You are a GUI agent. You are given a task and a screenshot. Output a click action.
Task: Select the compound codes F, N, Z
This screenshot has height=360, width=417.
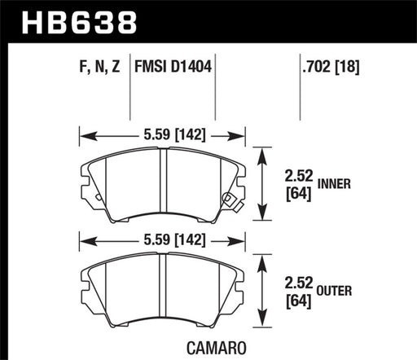pyautogui.click(x=93, y=68)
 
